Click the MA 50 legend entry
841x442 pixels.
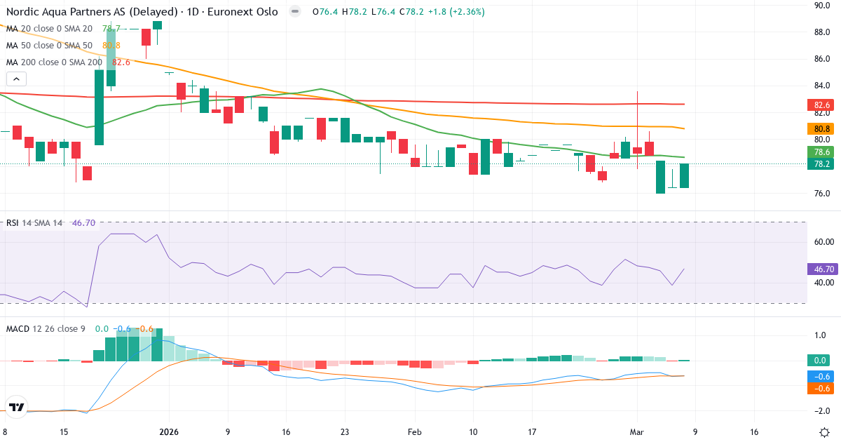point(49,45)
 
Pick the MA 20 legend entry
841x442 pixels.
point(49,29)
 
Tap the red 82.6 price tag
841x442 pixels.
point(823,105)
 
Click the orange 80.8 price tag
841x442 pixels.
point(823,128)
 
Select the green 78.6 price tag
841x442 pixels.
point(823,152)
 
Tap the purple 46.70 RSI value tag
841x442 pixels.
point(823,269)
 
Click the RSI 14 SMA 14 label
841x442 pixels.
point(34,223)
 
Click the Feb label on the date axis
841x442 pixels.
point(414,432)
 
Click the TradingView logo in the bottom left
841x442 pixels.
point(17,408)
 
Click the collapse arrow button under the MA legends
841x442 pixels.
point(16,79)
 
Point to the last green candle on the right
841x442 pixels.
point(684,175)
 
